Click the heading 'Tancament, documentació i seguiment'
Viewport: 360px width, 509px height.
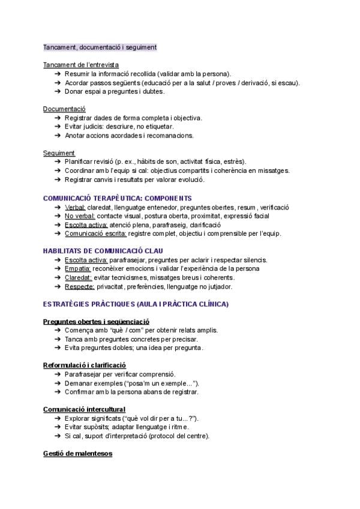coord(100,47)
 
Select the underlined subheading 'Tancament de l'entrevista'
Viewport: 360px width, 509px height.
coord(81,64)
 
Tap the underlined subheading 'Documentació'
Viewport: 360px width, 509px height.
coord(64,109)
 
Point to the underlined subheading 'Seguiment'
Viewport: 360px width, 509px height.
coord(59,152)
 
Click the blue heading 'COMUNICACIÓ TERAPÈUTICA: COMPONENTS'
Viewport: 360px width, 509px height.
coord(118,197)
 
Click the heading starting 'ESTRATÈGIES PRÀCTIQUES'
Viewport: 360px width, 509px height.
coord(136,304)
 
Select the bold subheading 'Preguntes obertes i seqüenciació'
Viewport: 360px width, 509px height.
coord(97,321)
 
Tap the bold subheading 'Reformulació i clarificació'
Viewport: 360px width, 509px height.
coord(85,365)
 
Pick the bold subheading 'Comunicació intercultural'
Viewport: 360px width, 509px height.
coord(84,409)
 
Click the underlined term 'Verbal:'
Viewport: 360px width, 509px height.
coord(76,207)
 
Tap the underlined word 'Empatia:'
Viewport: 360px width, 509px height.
coord(77,268)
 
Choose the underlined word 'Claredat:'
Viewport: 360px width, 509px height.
coord(79,277)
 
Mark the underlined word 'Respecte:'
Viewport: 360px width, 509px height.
coord(79,286)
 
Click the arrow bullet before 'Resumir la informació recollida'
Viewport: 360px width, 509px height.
coord(57,73)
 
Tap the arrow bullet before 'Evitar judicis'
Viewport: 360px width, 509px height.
coord(57,127)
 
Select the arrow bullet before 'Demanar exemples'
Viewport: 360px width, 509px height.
coord(57,383)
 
